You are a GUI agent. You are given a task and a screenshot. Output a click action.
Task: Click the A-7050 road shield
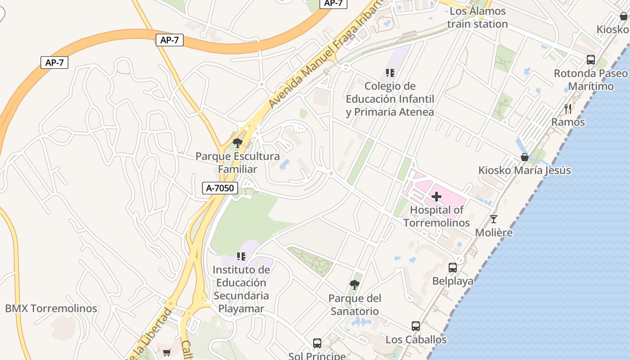220,188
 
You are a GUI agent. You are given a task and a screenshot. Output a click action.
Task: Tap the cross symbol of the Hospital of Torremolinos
436,197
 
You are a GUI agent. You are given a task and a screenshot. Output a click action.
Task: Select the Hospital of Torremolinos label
436,216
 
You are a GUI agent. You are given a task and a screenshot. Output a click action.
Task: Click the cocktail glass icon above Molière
494,219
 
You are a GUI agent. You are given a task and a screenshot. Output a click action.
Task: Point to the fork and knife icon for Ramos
568,108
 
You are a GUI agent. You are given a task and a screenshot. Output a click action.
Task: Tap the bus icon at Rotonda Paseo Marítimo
591,59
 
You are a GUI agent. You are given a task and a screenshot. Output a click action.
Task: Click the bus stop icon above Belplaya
453,267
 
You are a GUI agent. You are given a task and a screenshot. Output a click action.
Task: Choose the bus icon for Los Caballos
416,326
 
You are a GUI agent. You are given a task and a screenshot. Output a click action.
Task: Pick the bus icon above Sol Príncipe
317,343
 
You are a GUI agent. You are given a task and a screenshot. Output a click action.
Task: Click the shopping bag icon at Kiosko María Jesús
525,157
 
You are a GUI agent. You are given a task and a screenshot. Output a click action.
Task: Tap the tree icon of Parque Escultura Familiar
237,143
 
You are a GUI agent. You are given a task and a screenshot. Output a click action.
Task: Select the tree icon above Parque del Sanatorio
355,284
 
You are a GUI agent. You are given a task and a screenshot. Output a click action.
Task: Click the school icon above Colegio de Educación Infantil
390,72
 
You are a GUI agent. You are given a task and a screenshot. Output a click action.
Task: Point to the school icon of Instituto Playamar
241,256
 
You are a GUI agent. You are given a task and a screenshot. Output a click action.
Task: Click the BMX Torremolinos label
51,309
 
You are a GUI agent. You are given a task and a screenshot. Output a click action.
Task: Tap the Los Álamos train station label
477,18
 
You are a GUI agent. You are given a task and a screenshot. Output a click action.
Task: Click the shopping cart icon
166,352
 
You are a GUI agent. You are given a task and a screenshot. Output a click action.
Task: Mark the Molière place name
494,233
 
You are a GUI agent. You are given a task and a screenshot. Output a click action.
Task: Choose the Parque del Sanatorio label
355,305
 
